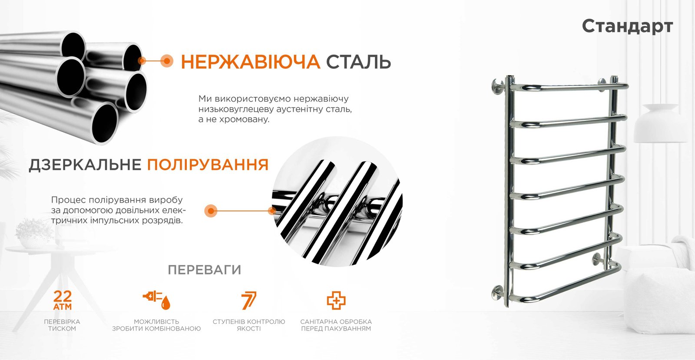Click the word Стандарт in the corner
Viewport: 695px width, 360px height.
pyautogui.click(x=627, y=26)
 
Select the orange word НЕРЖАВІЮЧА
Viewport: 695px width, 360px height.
pyautogui.click(x=250, y=62)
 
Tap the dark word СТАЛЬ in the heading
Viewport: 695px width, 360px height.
pyautogui.click(x=358, y=62)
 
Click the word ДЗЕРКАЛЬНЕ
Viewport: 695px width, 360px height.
pyautogui.click(x=85, y=165)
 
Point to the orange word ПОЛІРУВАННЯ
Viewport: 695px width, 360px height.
pyautogui.click(x=208, y=164)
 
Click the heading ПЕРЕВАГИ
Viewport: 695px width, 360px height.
pyautogui.click(x=205, y=270)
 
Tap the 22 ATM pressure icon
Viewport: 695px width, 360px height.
pyautogui.click(x=63, y=300)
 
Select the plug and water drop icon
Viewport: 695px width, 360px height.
pyautogui.click(x=157, y=300)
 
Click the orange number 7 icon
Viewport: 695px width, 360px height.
pyautogui.click(x=249, y=300)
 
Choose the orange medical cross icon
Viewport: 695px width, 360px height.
pyautogui.click(x=336, y=300)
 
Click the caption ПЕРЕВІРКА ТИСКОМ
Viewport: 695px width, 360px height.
pyautogui.click(x=62, y=325)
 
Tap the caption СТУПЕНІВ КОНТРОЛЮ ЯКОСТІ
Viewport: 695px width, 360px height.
pyautogui.click(x=249, y=325)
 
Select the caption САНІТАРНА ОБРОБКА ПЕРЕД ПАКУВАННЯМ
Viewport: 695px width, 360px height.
pyautogui.click(x=336, y=325)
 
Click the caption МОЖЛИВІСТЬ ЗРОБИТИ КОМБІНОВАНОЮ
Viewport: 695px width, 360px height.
pyautogui.click(x=156, y=325)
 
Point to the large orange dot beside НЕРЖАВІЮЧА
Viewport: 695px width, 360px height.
pyautogui.click(x=167, y=61)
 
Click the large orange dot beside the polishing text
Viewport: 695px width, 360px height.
pyautogui.click(x=211, y=211)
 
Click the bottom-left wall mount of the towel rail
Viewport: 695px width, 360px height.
pyautogui.click(x=498, y=293)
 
